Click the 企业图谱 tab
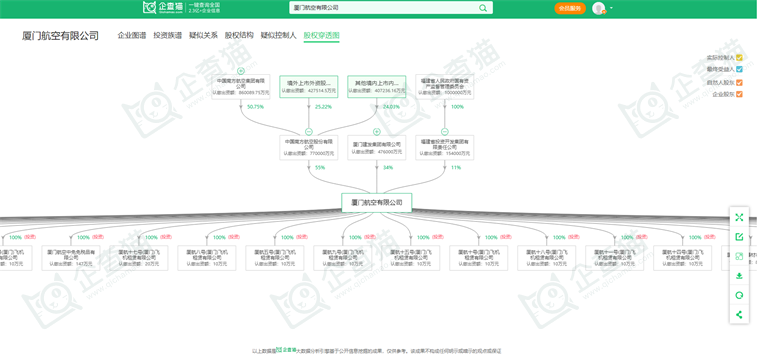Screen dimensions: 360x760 [131, 35]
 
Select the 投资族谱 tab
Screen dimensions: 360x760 [167, 35]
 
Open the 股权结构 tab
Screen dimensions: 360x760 [239, 35]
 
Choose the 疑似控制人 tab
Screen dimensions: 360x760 [278, 35]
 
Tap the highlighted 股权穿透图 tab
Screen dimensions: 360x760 [321, 35]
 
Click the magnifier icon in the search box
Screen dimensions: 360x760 [483, 8]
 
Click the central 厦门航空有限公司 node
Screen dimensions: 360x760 [376, 202]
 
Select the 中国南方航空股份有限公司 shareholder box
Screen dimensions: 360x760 [309, 147]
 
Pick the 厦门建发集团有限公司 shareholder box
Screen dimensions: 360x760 [376, 147]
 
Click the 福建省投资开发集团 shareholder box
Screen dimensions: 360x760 [444, 147]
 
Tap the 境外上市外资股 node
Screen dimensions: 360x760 [309, 86]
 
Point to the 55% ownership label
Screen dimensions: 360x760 [320, 168]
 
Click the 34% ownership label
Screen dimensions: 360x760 [388, 168]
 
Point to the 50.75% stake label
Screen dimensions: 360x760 [255, 107]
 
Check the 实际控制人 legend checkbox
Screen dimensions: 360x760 [739, 58]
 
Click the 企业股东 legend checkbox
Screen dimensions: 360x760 [739, 94]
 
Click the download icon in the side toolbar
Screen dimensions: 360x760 [739, 276]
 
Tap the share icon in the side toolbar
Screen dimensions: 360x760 [739, 315]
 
